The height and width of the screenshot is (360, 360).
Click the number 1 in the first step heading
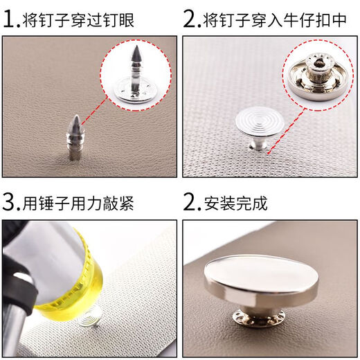pyautogui.click(x=10, y=20)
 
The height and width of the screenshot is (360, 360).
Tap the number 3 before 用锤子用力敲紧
pyautogui.click(x=10, y=204)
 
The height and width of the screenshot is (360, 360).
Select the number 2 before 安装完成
pyautogui.click(x=191, y=204)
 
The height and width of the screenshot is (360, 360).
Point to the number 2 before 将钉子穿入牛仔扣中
pyautogui.click(x=191, y=20)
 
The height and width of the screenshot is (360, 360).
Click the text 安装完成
pyautogui.click(x=236, y=204)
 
